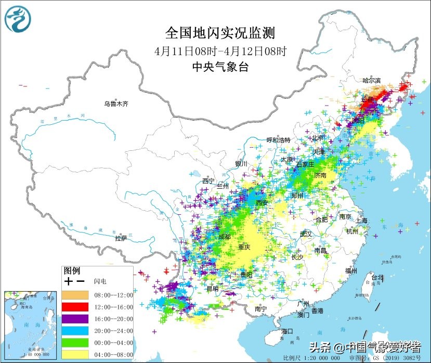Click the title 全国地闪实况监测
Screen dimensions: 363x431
click(x=220, y=33)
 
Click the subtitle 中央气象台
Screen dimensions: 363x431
click(x=220, y=66)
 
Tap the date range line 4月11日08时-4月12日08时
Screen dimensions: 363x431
click(x=220, y=51)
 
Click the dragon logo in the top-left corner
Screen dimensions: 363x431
click(x=18, y=19)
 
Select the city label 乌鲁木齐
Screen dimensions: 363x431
click(x=115, y=104)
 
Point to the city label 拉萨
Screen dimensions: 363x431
click(x=121, y=238)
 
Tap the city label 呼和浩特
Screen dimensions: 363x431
click(x=278, y=140)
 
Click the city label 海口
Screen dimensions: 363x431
click(x=288, y=331)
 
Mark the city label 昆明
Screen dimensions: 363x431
click(x=213, y=288)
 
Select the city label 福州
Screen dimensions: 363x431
click(x=351, y=271)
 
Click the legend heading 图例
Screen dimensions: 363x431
click(x=72, y=270)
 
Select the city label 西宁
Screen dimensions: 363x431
click(x=208, y=180)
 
